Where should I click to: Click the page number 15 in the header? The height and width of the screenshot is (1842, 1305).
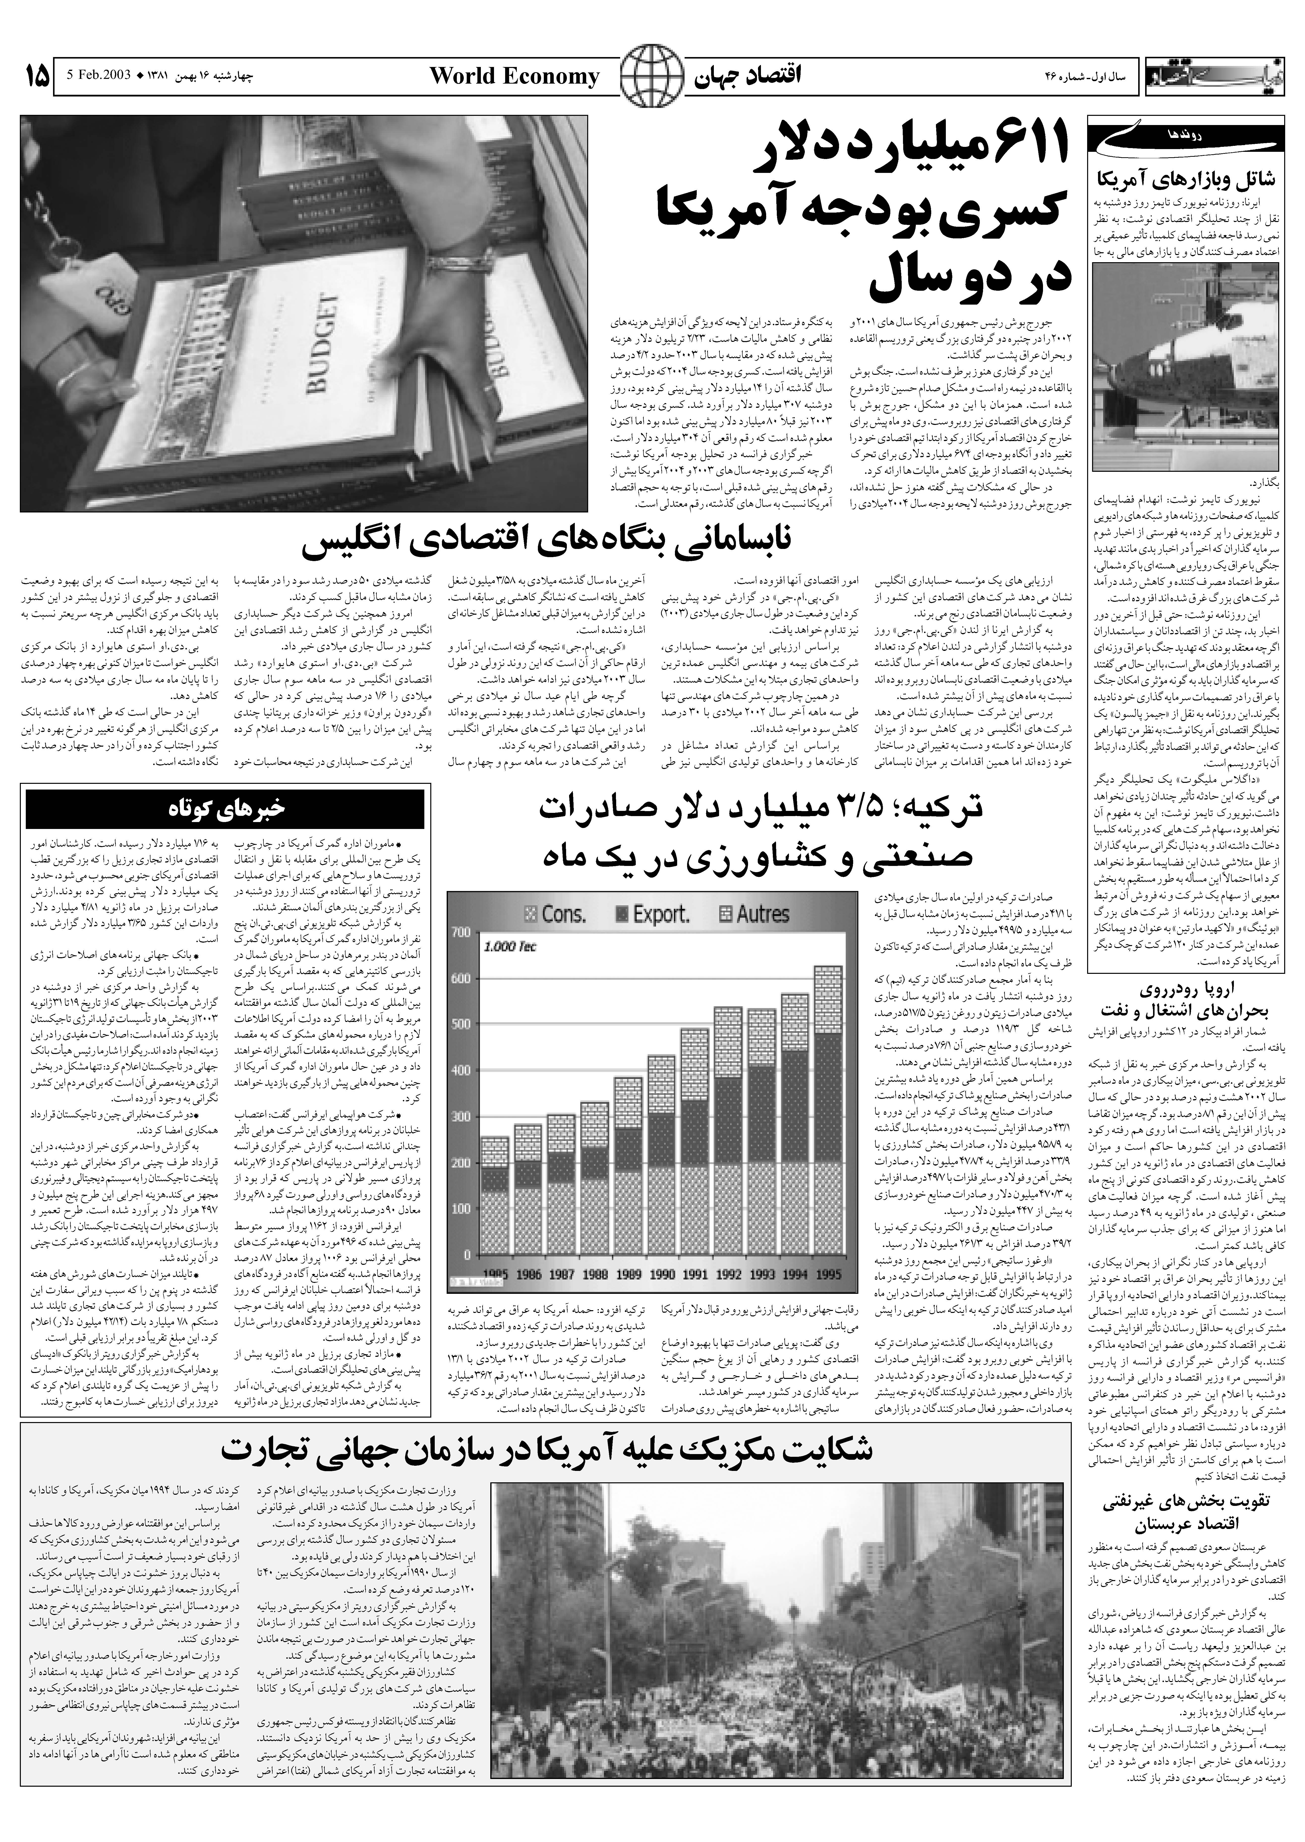pos(35,77)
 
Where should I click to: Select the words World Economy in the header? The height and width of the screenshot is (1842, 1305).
pos(514,77)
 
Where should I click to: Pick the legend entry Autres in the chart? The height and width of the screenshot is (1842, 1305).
pos(751,914)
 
